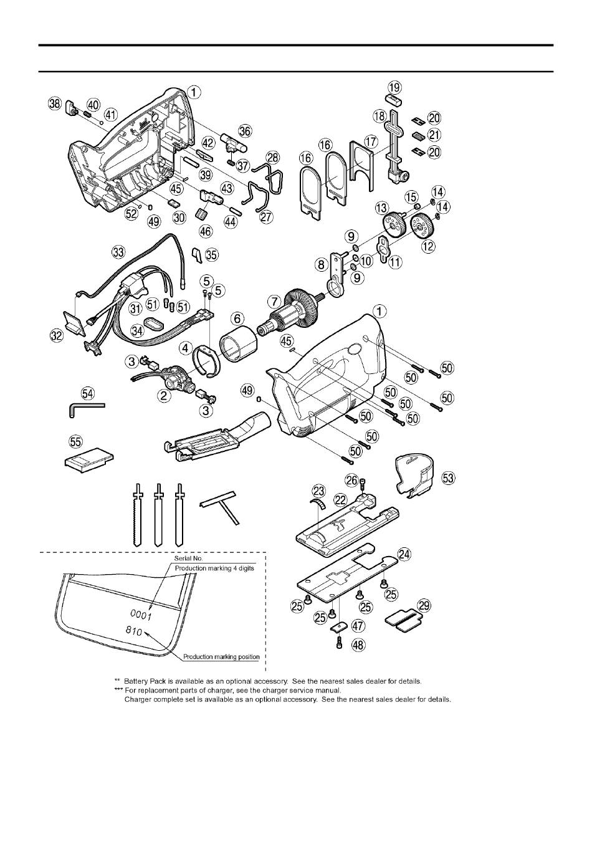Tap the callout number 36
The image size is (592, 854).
tap(245, 131)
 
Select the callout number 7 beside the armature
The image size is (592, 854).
tap(274, 301)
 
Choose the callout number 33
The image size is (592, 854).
tap(118, 252)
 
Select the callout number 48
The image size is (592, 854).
tap(358, 645)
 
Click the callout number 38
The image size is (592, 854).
tap(55, 104)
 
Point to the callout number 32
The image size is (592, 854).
tap(57, 336)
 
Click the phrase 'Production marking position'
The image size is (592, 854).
tap(221, 657)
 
